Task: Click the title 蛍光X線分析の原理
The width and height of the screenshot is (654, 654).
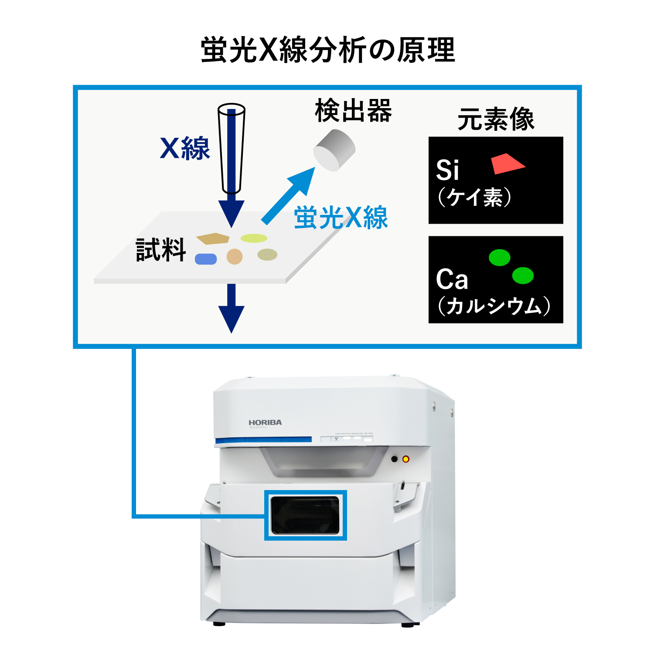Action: coord(328,50)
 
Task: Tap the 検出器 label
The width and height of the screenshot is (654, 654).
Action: coord(353,111)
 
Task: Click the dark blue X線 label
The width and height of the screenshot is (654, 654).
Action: coord(185,148)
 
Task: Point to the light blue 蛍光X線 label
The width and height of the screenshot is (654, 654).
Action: coord(341,217)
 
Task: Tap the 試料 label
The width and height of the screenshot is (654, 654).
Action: coord(161,250)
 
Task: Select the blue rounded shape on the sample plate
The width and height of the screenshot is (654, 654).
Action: coord(206,259)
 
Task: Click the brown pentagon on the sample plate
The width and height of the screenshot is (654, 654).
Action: coord(213,238)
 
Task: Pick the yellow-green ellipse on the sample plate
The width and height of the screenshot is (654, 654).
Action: coord(254,238)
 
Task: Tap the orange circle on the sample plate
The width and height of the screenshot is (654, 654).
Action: coord(235,256)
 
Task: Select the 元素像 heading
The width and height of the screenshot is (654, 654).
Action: coord(496,119)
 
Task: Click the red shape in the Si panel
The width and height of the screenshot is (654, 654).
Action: coord(507,163)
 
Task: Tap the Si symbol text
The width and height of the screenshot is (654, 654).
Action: coord(447,170)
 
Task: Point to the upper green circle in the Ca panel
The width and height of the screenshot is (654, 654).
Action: coord(500,257)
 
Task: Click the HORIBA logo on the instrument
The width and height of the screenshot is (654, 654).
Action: coord(265,422)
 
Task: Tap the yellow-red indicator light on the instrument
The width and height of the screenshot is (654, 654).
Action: coord(405,459)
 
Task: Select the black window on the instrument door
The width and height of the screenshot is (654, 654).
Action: coord(305,515)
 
